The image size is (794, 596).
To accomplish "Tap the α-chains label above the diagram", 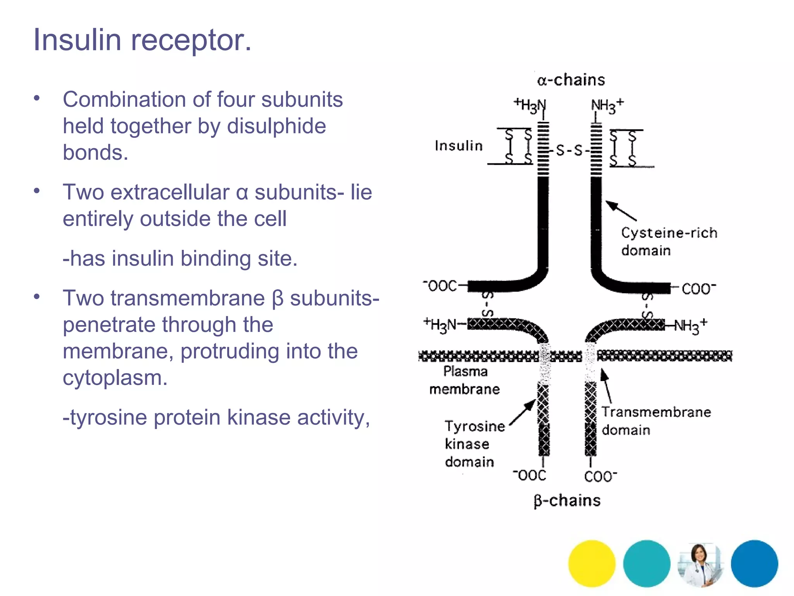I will pos(571,80).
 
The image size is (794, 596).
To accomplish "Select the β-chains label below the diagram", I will pos(567,501).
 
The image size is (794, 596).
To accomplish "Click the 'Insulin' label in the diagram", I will pos(459,146).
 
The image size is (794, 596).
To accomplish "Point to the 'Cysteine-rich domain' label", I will pos(669,241).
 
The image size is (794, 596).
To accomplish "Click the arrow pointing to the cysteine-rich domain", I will pos(621,211).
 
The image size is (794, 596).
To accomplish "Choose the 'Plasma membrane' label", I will pos(465,380).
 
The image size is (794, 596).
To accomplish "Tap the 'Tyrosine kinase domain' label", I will pos(474,444).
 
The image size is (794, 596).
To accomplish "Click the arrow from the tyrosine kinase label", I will pos(522,413).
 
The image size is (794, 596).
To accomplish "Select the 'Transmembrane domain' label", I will pos(656,421).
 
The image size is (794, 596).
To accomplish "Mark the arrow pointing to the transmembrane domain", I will pos(606,386).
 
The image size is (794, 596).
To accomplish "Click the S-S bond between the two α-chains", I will pos(569,151).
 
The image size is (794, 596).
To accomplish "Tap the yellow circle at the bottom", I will pos(592,563).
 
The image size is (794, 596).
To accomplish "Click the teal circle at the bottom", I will pos(647,563).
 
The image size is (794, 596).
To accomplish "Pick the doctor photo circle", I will pos(701,563).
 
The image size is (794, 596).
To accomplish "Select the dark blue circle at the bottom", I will pos(754,563).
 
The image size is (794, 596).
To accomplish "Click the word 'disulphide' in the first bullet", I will pos(276,126).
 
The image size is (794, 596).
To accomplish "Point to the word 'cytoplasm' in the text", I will pos(115,378).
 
